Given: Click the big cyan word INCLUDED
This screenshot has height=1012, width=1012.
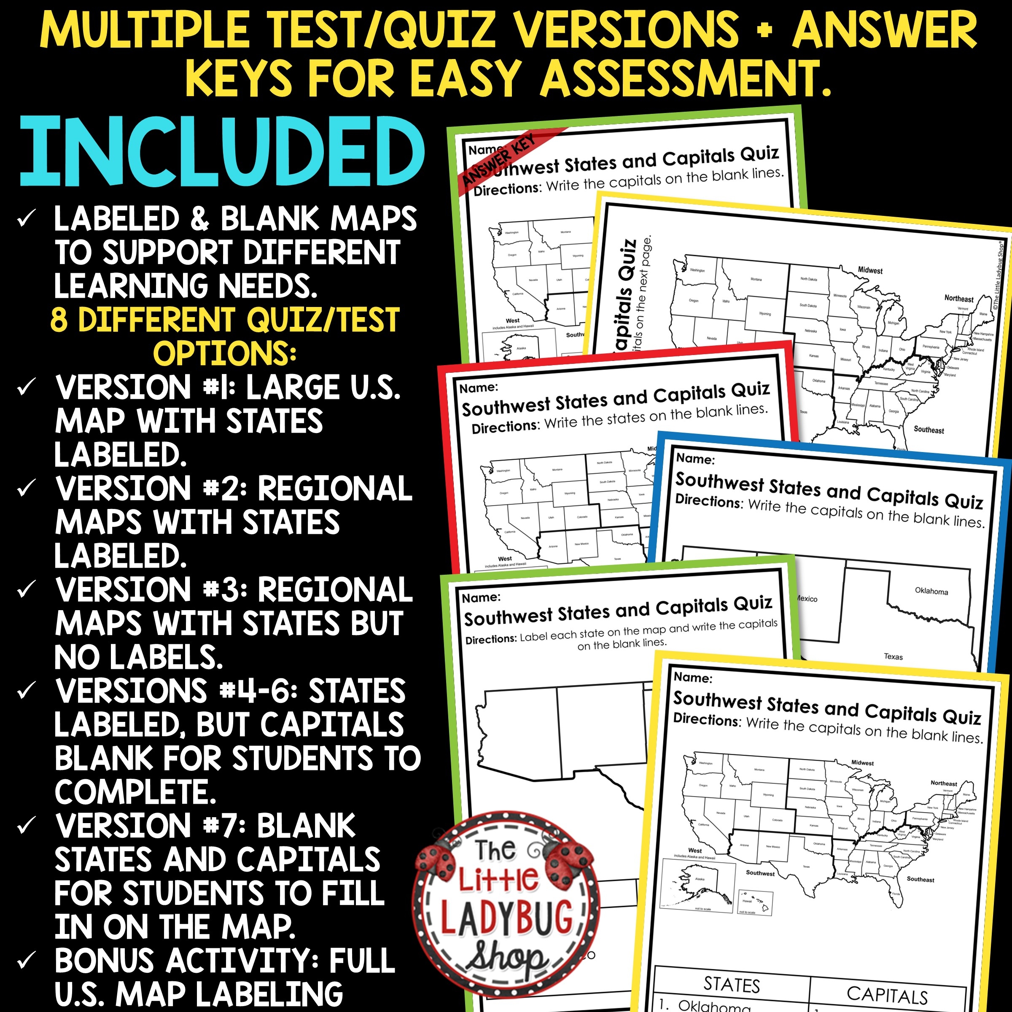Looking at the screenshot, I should tap(222, 152).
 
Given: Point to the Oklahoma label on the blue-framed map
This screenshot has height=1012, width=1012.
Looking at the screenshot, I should tap(931, 591).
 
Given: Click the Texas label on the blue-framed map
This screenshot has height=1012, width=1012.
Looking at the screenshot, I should tap(893, 657).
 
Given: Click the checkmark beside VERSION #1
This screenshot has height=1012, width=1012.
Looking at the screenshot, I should tap(26, 388).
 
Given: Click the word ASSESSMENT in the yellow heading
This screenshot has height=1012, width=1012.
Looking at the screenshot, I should tap(686, 78).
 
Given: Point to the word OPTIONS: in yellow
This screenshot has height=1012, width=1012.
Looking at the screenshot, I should tap(225, 354).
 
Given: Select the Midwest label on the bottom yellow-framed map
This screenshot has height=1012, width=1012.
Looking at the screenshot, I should tap(862, 763).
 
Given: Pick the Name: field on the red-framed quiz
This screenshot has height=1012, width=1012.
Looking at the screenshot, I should tap(478, 388).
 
